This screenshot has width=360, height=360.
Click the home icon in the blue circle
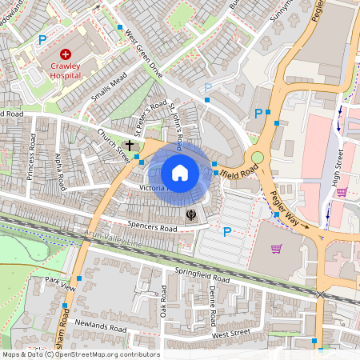[x=180, y=172]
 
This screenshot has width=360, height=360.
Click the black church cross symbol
[x=130, y=145]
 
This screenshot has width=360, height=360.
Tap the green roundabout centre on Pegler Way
[x=258, y=158]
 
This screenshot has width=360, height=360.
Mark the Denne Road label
[x=213, y=305]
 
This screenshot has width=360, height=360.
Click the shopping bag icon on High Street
[x=342, y=192]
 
